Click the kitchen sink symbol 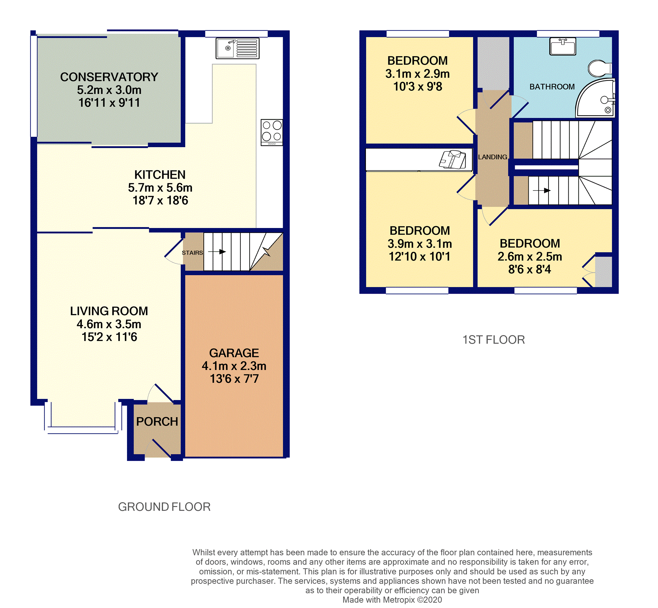click(237, 48)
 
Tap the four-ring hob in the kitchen click(272, 132)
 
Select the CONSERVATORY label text click(109, 77)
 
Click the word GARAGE click(234, 353)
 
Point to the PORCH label click(157, 422)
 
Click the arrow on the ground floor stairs click(217, 252)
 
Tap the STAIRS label click(192, 253)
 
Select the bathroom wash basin click(562, 46)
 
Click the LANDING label click(492, 157)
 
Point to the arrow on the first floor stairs click(542, 191)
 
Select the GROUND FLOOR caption click(164, 507)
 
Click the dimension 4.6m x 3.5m click(109, 324)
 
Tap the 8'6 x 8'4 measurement click(529, 270)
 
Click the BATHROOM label click(552, 87)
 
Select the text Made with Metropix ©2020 click(392, 600)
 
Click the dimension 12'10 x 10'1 click(419, 257)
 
